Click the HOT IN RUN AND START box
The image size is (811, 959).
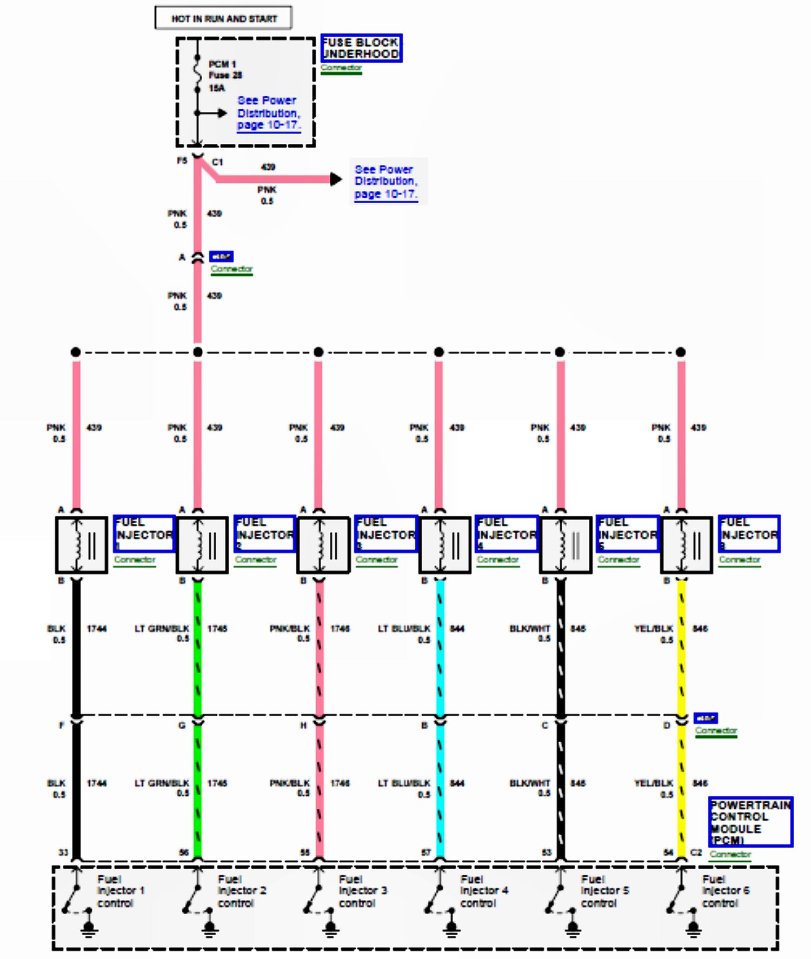pos(223,18)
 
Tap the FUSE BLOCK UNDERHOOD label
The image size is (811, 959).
pos(361,48)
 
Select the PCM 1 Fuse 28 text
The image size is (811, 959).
pos(225,70)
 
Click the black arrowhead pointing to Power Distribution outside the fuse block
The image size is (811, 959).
pos(336,179)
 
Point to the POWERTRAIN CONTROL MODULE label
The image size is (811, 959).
pos(750,822)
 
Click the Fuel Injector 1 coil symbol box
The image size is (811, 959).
pos(81,545)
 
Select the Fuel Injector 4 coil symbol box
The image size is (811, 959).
pos(444,545)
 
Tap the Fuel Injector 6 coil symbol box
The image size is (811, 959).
pos(686,545)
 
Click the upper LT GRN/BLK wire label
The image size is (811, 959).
pos(162,629)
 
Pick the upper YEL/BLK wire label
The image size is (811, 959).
pos(653,629)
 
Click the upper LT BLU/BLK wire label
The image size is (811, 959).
pos(404,629)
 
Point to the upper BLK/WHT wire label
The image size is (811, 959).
pos(529,629)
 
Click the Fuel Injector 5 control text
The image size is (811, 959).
pos(604,891)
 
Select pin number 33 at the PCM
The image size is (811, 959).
pos(63,853)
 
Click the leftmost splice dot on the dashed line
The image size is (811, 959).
pos(76,352)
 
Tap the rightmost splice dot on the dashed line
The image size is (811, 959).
pos(681,352)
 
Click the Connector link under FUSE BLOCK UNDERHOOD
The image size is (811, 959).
pos(341,68)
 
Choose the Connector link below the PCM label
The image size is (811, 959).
pos(730,854)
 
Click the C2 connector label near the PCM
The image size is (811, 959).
pos(696,853)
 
